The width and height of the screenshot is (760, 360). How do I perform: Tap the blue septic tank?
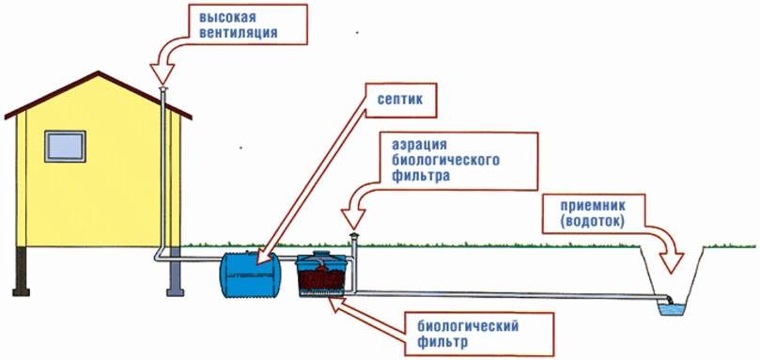coord(250,274)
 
